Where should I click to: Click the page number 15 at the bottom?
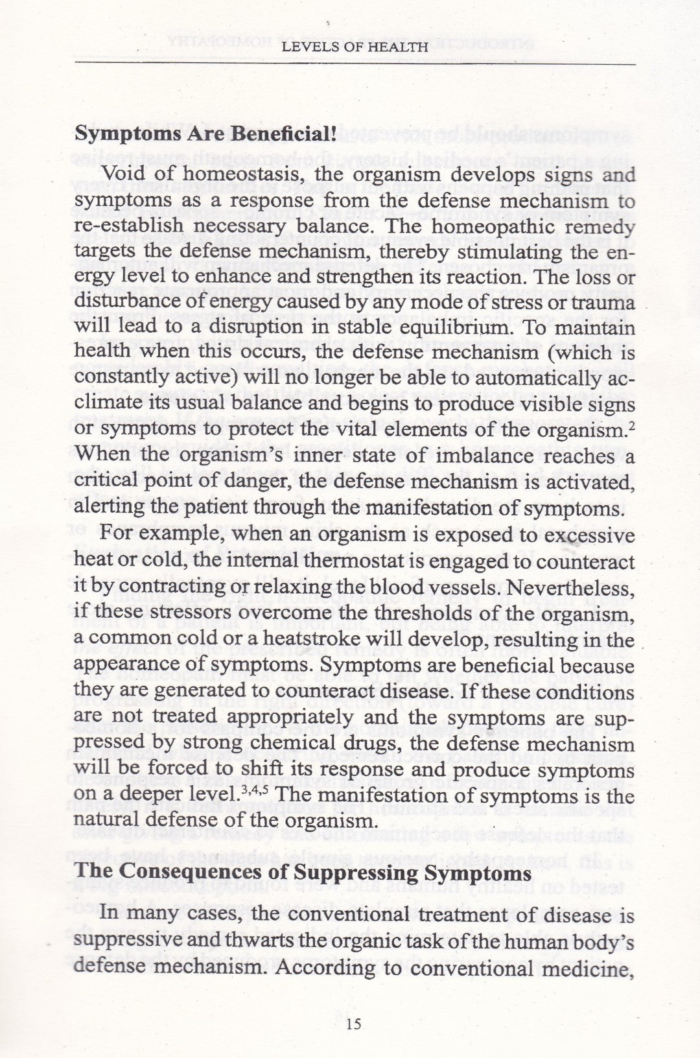[x=353, y=1024]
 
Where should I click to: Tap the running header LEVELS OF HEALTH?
[x=355, y=47]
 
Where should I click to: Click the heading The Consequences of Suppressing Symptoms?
[x=303, y=873]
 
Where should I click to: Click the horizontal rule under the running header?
[x=355, y=64]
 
